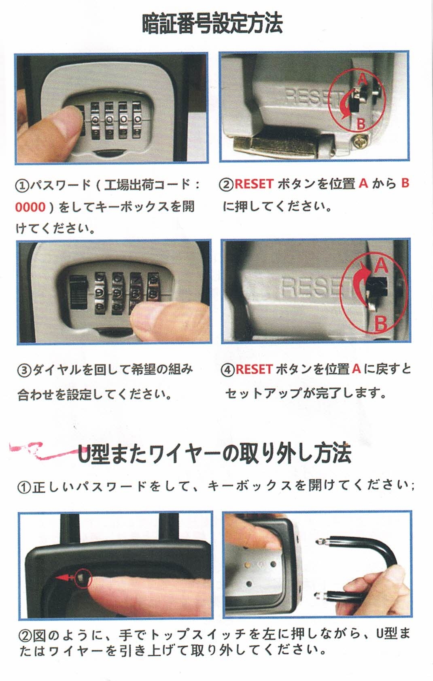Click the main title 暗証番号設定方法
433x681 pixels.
[212, 23]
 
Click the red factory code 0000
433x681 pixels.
[30, 207]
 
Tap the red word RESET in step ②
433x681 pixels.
[254, 184]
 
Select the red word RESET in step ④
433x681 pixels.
[254, 369]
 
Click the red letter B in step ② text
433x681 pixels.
[405, 183]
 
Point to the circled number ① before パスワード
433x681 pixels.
[21, 185]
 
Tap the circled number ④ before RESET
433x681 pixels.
[228, 370]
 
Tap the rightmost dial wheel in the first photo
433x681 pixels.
[137, 120]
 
